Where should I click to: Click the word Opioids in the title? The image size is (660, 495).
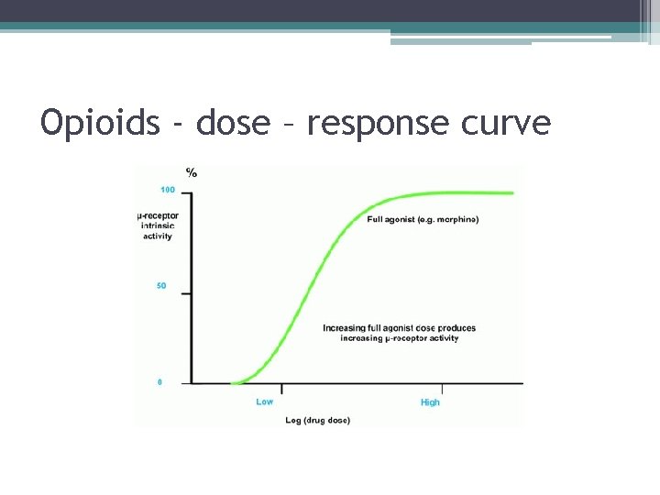click(x=100, y=122)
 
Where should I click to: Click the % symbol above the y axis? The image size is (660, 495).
click(x=191, y=172)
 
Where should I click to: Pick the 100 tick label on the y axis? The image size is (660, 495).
click(x=168, y=190)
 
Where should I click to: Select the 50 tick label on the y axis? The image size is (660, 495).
click(x=161, y=286)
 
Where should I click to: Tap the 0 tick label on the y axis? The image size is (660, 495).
click(x=159, y=382)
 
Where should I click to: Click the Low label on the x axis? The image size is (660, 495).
click(x=265, y=401)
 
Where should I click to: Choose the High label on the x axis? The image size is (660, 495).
click(x=430, y=402)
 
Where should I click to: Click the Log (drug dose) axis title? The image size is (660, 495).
click(x=317, y=421)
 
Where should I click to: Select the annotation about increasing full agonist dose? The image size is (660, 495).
click(x=400, y=333)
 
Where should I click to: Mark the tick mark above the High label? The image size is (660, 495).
click(x=442, y=389)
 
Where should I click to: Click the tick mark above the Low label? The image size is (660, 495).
click(x=282, y=389)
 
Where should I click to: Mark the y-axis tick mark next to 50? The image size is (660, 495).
click(x=186, y=293)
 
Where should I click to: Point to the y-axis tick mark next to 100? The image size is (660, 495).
click(x=186, y=192)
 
